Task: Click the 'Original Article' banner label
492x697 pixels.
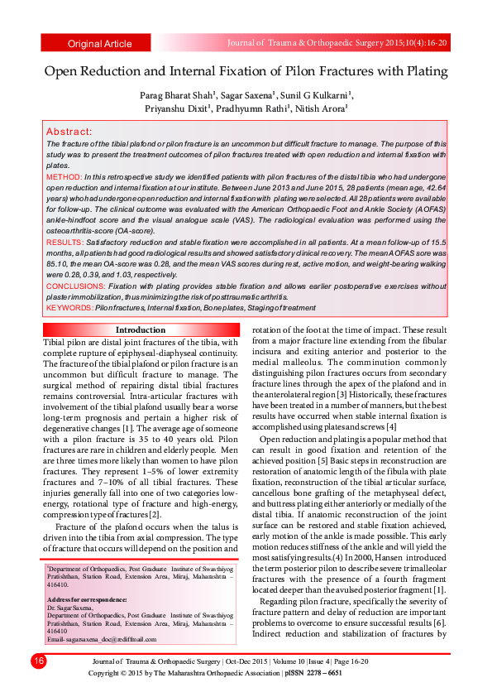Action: click(99, 44)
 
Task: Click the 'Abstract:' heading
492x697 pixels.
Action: click(69, 132)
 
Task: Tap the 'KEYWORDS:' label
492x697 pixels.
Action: click(69, 307)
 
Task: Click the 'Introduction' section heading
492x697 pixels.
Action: click(140, 329)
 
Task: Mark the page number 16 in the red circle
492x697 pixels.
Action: click(38, 661)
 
